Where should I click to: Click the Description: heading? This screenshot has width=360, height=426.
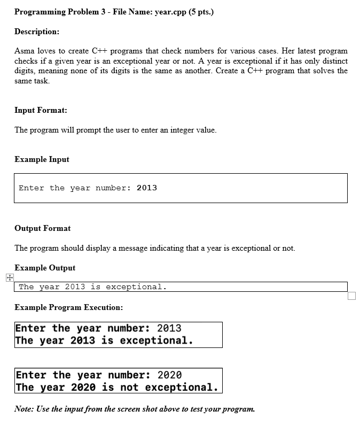(37, 32)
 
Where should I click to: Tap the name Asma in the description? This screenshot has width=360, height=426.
(24, 51)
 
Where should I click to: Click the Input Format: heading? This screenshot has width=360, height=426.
(41, 110)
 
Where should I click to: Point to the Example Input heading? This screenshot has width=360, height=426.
(42, 159)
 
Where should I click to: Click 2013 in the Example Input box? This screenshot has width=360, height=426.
(147, 188)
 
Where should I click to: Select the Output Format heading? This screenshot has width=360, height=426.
(42, 228)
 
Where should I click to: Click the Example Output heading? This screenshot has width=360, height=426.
(45, 268)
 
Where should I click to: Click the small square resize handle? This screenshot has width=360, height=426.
(351, 296)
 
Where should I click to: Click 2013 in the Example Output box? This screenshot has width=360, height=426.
(75, 287)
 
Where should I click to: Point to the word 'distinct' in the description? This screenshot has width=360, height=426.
(333, 61)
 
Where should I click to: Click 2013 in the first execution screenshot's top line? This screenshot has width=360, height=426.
(169, 328)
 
